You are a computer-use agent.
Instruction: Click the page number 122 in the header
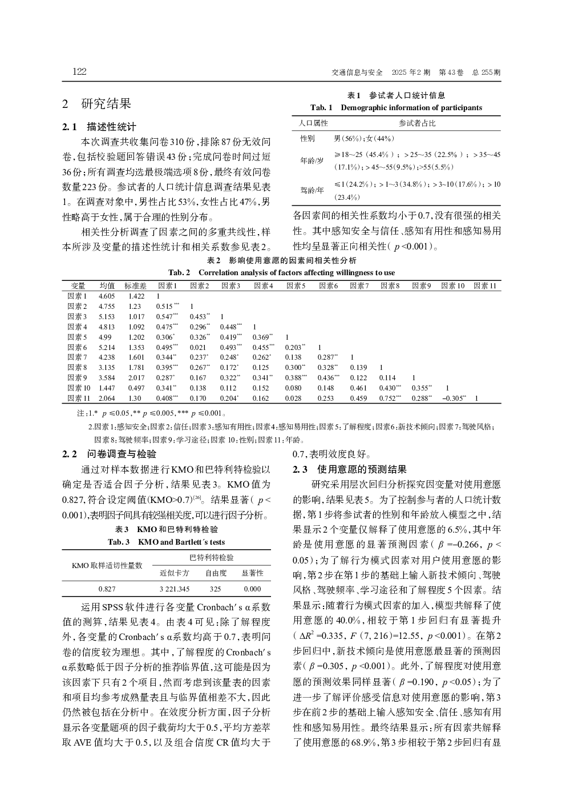[79, 72]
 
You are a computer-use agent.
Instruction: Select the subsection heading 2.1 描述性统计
[99, 127]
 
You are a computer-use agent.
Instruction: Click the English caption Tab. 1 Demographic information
[396, 107]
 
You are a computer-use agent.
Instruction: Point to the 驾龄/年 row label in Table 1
[312, 190]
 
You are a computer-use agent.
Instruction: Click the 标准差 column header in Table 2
[136, 285]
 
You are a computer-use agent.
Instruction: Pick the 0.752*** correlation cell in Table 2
[391, 399]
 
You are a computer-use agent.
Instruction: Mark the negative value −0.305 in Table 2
[454, 399]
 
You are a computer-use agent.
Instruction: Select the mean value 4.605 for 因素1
[107, 296]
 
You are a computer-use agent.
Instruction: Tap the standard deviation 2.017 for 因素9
[136, 378]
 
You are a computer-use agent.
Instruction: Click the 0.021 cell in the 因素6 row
[198, 347]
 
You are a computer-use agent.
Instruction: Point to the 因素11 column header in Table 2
[485, 285]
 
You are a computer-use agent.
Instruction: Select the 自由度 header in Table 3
[216, 572]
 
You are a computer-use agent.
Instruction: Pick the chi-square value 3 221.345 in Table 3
[174, 589]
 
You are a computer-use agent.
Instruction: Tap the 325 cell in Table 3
[215, 589]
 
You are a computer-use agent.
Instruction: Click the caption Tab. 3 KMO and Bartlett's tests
[167, 542]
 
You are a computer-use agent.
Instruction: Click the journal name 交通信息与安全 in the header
[357, 73]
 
